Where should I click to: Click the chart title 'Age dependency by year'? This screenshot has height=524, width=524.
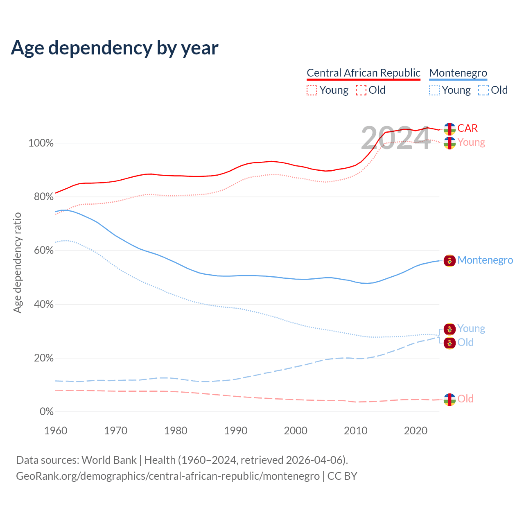point(115,47)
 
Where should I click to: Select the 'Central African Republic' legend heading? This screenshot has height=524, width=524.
point(363,73)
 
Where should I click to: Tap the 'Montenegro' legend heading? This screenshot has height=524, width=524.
point(458,73)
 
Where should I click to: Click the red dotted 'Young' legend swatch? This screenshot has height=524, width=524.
point(312,90)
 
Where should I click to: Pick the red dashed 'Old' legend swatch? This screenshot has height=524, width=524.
point(361,90)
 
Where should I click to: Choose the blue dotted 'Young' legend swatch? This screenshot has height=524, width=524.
point(434,90)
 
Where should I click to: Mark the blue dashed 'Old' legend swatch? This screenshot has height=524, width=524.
point(483,90)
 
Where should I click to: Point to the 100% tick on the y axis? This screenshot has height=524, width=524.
point(41,143)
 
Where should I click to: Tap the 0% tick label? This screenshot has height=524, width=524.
point(46,412)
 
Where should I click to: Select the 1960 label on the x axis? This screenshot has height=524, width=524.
point(56,431)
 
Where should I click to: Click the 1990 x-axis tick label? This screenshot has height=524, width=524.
point(236,431)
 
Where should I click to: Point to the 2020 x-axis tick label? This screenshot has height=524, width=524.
point(416,431)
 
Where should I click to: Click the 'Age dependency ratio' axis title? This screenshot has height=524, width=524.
point(17,262)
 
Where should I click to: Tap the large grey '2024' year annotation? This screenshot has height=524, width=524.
point(395,138)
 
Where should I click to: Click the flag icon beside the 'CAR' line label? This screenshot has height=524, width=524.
point(449,129)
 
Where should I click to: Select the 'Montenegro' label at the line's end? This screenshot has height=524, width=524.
point(485,260)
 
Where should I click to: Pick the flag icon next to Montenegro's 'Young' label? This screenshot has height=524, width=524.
point(449,329)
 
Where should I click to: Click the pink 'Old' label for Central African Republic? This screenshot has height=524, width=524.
point(465,399)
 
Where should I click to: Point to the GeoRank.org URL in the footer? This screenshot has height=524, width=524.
point(168,476)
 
